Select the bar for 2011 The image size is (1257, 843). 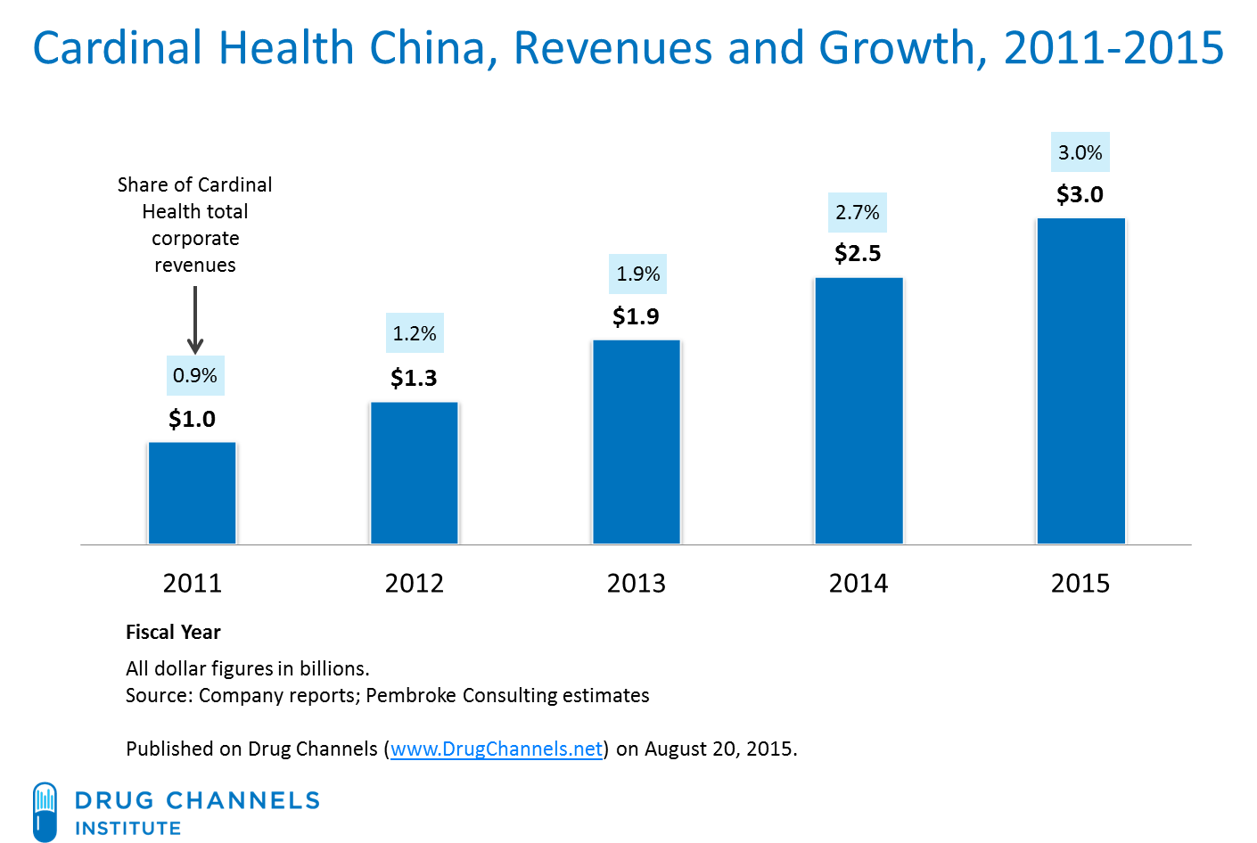(x=192, y=492)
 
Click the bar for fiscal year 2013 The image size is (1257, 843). (x=636, y=441)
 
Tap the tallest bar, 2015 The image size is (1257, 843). (x=1080, y=381)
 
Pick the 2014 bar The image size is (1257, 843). (x=858, y=410)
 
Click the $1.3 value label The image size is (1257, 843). (x=414, y=378)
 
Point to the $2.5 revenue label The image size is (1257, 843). (x=858, y=253)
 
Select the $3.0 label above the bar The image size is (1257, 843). (x=1080, y=194)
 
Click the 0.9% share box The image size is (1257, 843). (x=195, y=375)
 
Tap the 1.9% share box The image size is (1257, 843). (x=638, y=274)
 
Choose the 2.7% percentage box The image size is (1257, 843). (x=857, y=212)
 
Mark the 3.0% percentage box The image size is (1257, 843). (x=1080, y=152)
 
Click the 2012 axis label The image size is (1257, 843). (x=414, y=583)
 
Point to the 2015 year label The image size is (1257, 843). (x=1080, y=583)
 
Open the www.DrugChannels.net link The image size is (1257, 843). (x=497, y=749)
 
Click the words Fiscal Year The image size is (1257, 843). (x=173, y=632)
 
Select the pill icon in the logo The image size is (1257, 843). (x=45, y=811)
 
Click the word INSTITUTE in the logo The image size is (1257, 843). (x=127, y=828)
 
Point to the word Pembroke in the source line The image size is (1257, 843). (x=407, y=695)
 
